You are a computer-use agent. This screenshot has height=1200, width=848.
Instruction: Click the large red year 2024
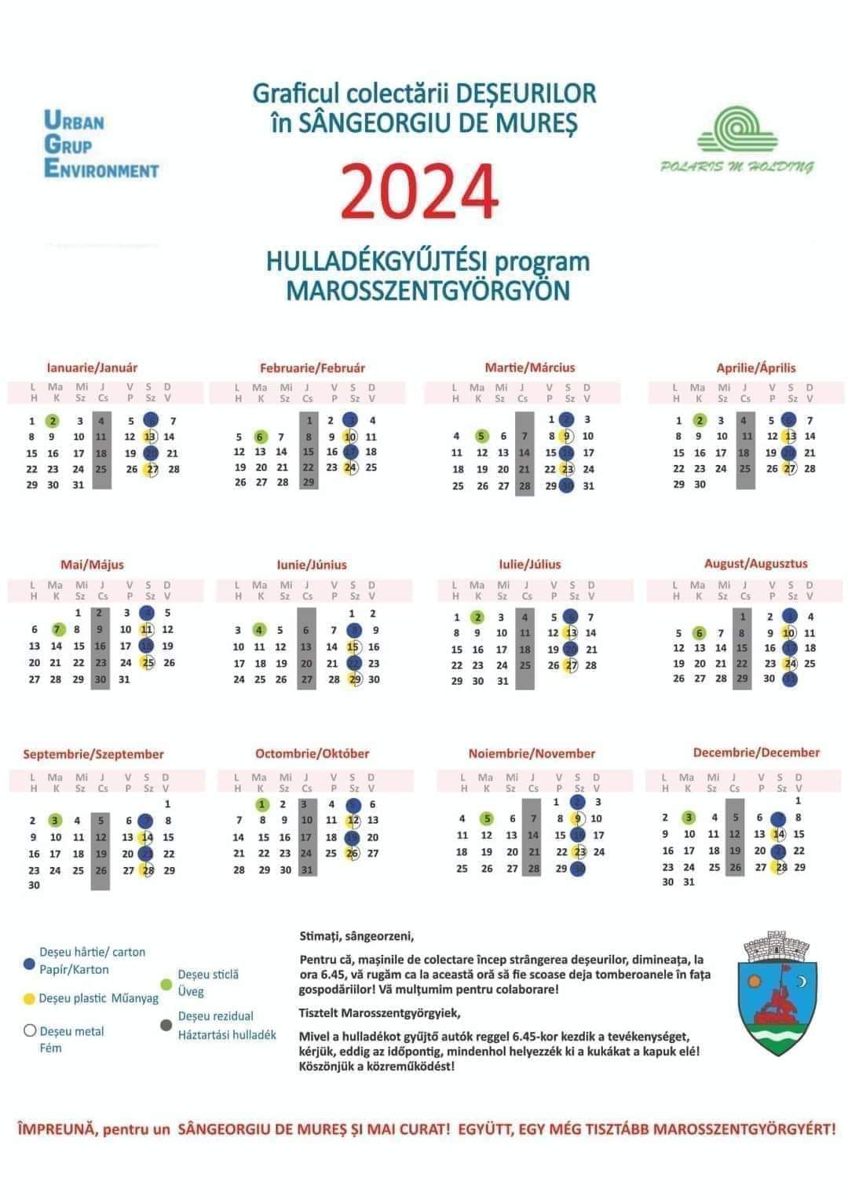[420, 191]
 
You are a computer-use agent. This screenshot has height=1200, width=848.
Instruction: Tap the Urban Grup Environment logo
[101, 145]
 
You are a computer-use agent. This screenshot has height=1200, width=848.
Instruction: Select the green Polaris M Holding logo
[736, 141]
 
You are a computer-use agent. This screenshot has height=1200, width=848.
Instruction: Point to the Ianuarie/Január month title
[92, 368]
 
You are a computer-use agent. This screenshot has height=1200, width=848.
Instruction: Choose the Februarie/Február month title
[313, 368]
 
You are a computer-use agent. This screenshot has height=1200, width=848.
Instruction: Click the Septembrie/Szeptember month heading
[93, 754]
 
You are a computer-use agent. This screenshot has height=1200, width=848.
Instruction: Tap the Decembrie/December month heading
[755, 752]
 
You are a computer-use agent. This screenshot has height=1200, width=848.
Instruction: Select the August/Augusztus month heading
[755, 563]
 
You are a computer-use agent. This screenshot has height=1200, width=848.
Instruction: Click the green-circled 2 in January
[52, 421]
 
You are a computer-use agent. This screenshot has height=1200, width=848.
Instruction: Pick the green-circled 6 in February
[261, 437]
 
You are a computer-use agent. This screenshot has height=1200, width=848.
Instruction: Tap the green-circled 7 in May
[56, 629]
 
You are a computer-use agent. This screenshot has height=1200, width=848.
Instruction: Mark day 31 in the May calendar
[124, 679]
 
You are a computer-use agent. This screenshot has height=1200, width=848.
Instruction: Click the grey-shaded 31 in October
[306, 869]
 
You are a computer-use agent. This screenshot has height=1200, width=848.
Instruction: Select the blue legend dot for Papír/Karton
[30, 962]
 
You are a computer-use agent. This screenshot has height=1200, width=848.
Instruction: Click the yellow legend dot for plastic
[30, 999]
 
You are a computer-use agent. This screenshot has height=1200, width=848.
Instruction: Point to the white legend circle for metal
[30, 1031]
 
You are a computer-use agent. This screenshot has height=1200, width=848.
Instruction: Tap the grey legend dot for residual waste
[166, 1025]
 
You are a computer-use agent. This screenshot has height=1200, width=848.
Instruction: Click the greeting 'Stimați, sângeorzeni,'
[356, 936]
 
